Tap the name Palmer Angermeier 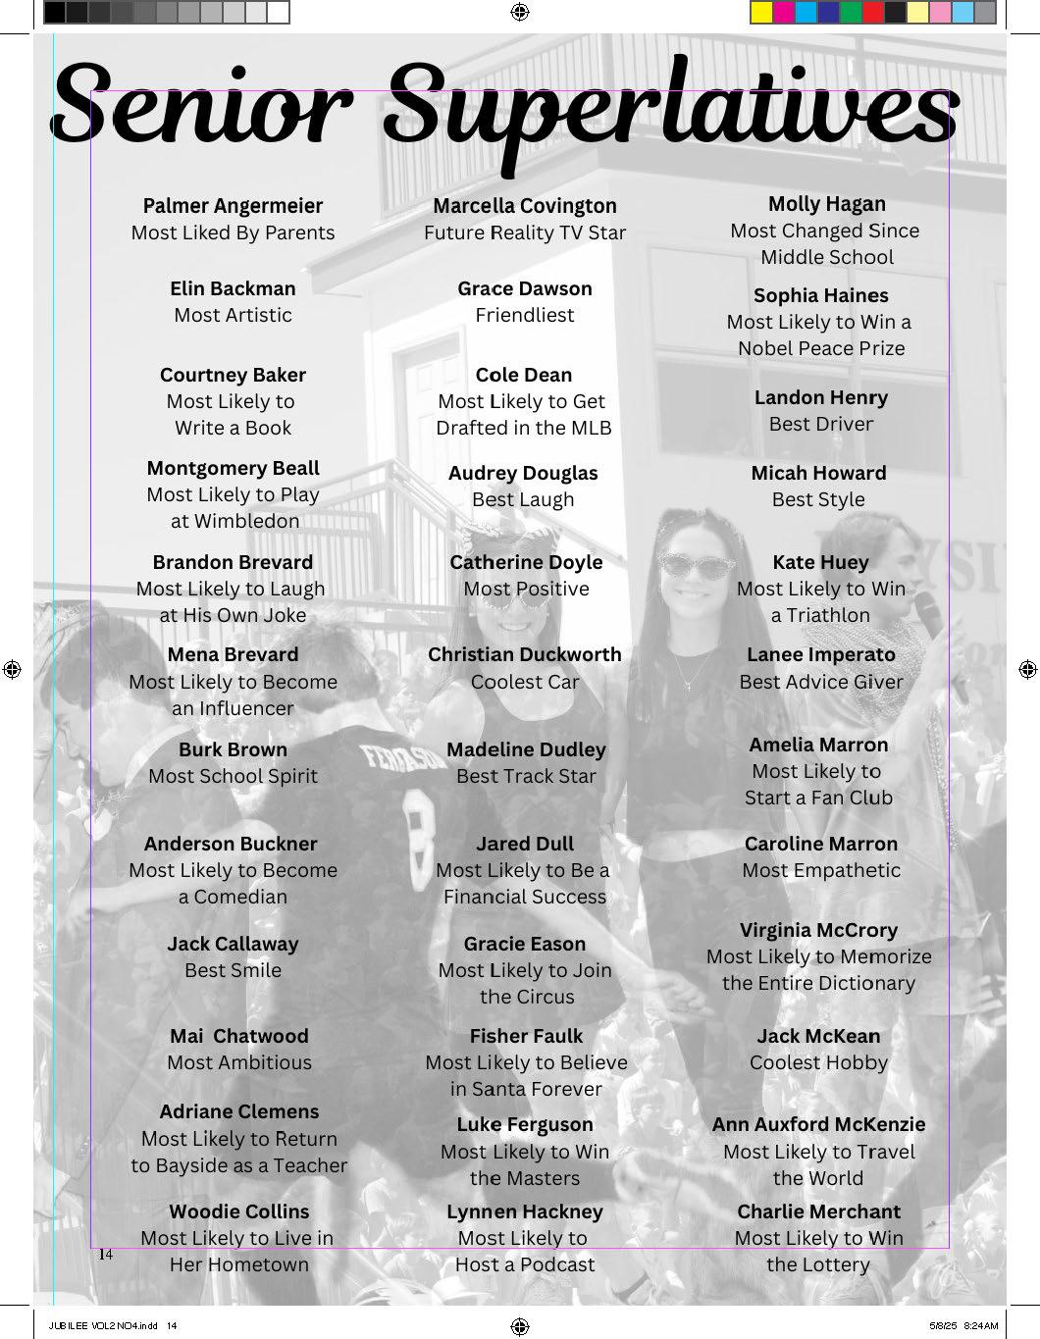tap(233, 206)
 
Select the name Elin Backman tap(233, 288)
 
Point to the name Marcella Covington tap(525, 206)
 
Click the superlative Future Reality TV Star tap(525, 232)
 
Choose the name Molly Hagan tap(826, 204)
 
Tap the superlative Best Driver tap(821, 424)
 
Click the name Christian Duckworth tap(525, 654)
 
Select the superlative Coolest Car tap(525, 682)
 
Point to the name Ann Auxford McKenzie tap(818, 1124)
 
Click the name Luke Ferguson tap(525, 1124)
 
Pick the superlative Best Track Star tap(526, 776)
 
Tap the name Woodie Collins tap(238, 1211)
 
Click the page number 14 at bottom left tap(106, 1255)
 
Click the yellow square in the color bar tap(761, 13)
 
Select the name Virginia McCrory tap(818, 930)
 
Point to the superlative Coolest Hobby tap(818, 1062)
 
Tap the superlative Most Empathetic tap(821, 870)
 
